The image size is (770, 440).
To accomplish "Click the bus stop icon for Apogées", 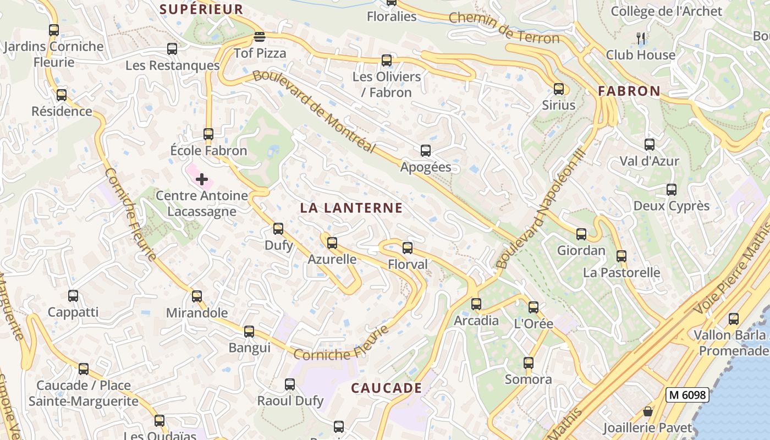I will (x=425, y=151).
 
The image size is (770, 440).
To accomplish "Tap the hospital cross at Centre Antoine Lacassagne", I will (x=202, y=179).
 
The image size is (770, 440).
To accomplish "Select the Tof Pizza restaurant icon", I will (x=260, y=37).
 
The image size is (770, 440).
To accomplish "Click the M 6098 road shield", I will (x=687, y=395).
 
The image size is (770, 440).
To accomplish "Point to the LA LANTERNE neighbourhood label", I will (x=351, y=208).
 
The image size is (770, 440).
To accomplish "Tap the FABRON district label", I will (x=629, y=91).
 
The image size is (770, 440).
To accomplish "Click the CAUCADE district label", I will (x=387, y=388).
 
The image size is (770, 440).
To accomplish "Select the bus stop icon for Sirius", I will (x=559, y=89).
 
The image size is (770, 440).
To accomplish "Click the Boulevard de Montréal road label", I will (x=314, y=112).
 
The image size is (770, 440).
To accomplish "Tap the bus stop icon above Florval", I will (x=408, y=248).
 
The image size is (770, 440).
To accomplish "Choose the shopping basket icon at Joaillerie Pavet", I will (x=648, y=412).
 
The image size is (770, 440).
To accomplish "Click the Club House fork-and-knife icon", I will (x=640, y=38).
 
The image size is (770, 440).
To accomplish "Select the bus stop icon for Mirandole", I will (x=197, y=296).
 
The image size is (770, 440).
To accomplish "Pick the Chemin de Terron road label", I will (x=504, y=28).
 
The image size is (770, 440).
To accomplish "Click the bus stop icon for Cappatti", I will (x=73, y=296).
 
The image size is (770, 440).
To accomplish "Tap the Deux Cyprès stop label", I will (x=672, y=206).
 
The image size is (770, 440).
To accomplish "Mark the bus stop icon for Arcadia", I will (x=476, y=304).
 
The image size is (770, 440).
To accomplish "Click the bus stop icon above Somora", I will (x=529, y=363).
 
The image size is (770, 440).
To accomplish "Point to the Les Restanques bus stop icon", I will (x=172, y=49).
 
